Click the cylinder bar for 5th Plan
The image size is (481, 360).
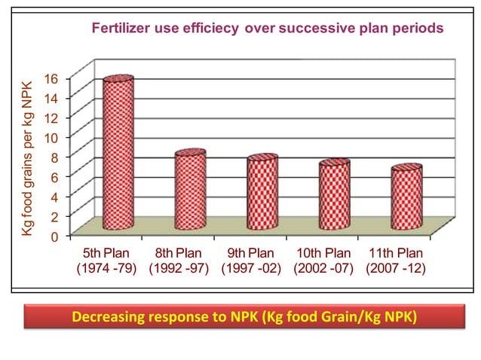click(x=118, y=154)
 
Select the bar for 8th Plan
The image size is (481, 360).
click(x=190, y=191)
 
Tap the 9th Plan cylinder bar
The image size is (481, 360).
click(x=262, y=194)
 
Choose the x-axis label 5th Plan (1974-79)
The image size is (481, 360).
click(x=106, y=261)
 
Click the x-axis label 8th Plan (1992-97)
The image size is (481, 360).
click(x=179, y=261)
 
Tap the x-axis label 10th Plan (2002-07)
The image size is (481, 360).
click(x=323, y=261)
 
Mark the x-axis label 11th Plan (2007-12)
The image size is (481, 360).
click(x=395, y=261)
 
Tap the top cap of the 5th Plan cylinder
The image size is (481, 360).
click(x=118, y=79)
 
